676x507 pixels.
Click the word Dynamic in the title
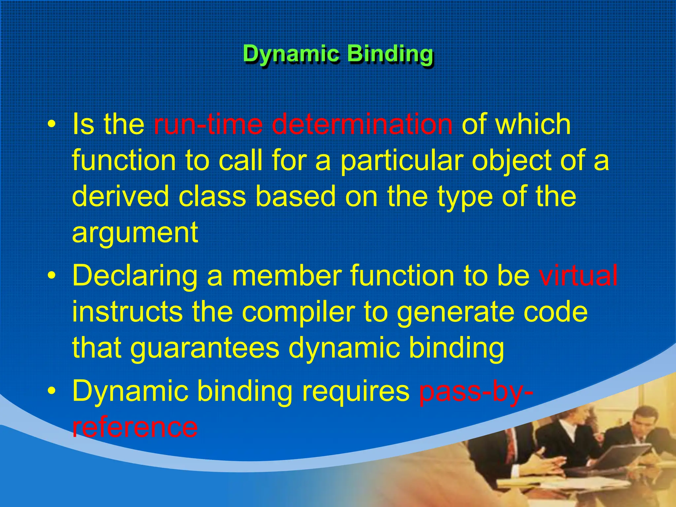[291, 54]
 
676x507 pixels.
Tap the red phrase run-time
[208, 124]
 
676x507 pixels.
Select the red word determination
[362, 124]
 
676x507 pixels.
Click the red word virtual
[578, 275]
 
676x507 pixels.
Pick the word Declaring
[135, 276]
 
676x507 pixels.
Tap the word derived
[120, 196]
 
